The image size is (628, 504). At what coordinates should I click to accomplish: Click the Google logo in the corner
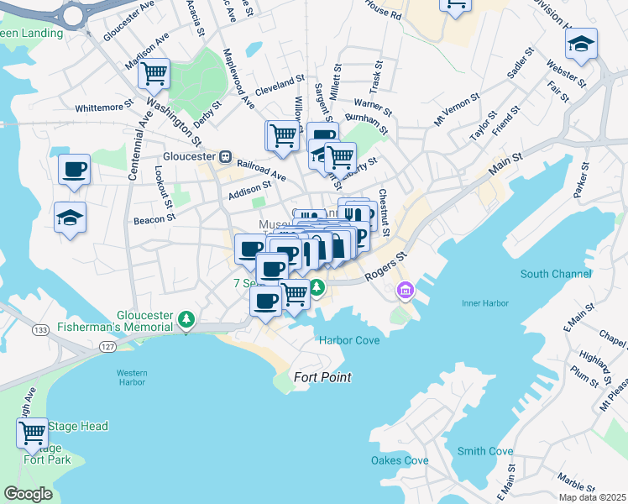pyautogui.click(x=29, y=494)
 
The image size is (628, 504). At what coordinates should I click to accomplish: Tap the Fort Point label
pyautogui.click(x=322, y=377)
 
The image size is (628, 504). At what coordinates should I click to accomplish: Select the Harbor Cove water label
pyautogui.click(x=349, y=340)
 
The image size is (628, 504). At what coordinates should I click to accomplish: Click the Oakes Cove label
pyautogui.click(x=400, y=460)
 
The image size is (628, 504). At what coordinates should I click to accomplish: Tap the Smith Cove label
pyautogui.click(x=485, y=451)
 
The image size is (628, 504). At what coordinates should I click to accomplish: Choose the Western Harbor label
pyautogui.click(x=132, y=377)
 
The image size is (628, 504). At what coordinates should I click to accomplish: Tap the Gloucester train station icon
pyautogui.click(x=225, y=157)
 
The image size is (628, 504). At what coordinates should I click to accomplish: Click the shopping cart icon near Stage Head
pyautogui.click(x=32, y=433)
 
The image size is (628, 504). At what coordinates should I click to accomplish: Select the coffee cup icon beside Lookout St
pyautogui.click(x=74, y=169)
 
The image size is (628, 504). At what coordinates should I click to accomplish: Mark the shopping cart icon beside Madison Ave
pyautogui.click(x=154, y=73)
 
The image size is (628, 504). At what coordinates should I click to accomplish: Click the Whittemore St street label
pyautogui.click(x=104, y=108)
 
